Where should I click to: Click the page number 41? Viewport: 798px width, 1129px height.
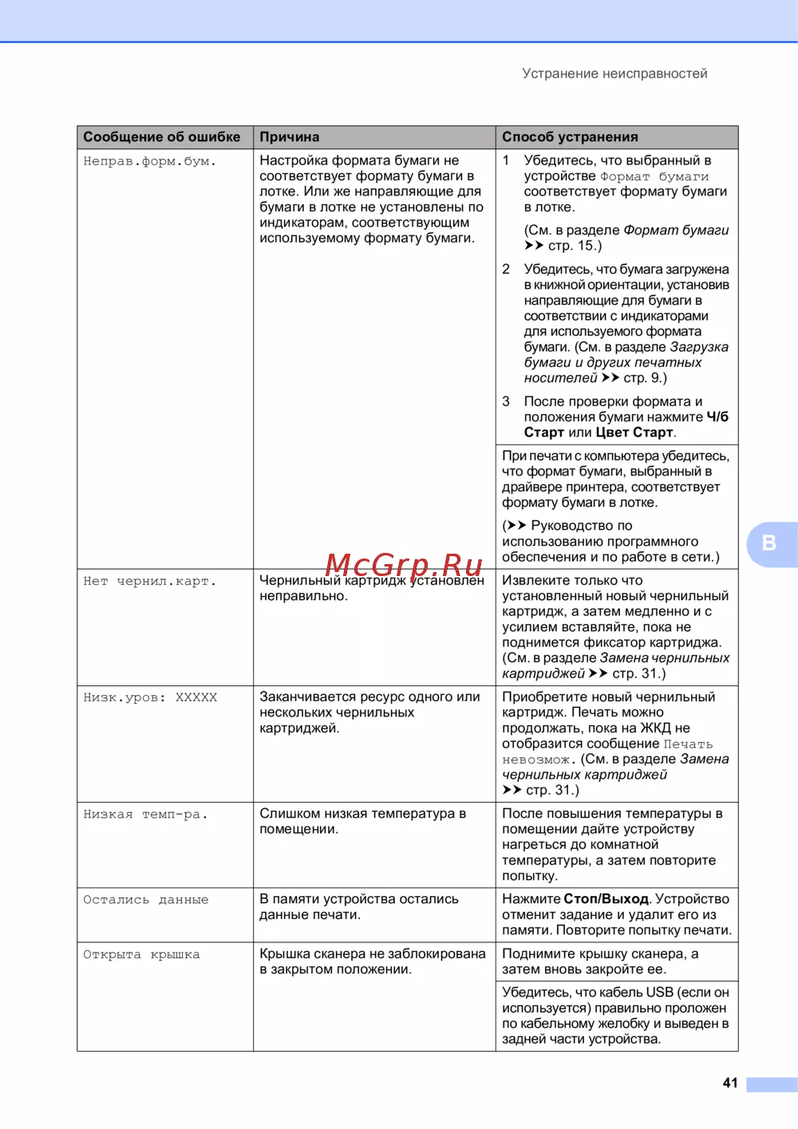pos(730,1083)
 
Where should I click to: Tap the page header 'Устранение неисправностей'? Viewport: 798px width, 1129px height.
pos(614,73)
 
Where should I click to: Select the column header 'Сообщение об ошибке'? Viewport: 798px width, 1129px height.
pos(162,137)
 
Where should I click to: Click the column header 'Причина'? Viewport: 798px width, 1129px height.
pos(290,137)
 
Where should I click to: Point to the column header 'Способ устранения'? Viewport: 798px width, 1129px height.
pos(570,137)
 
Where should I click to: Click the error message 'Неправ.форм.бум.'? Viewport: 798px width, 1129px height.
pos(150,161)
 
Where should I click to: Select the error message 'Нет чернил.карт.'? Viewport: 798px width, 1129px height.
pos(150,581)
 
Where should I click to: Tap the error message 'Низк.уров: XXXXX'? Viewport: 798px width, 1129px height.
pos(150,697)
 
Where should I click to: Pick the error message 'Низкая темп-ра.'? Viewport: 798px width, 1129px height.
pos(145,815)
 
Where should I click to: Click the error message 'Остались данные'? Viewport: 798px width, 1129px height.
pos(146,900)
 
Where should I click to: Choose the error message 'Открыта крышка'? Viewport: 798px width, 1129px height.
pos(141,955)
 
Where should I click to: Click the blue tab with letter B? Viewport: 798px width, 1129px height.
pos(770,543)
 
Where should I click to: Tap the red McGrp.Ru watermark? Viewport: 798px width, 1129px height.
pos(404,566)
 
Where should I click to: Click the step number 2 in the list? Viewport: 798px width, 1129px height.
pos(506,270)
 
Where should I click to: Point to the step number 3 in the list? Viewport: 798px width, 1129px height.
pos(506,401)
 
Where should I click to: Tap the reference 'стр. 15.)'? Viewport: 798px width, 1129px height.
pos(575,246)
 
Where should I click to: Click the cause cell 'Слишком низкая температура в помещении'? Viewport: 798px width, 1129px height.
pos(362,821)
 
